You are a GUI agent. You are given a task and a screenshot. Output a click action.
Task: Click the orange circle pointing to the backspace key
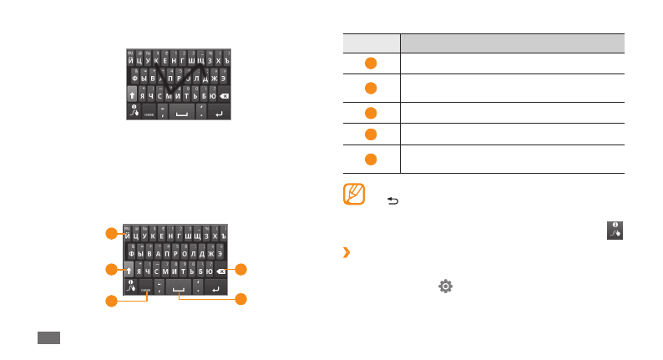tap(240, 270)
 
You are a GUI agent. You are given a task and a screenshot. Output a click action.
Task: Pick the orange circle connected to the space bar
tap(240, 298)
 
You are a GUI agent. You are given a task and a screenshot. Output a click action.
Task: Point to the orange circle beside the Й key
tap(110, 235)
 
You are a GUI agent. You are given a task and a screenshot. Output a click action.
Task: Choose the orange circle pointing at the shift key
tap(110, 270)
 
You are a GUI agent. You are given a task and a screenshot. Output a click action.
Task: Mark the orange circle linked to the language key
tap(110, 299)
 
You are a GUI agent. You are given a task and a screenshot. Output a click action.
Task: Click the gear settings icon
tap(445, 286)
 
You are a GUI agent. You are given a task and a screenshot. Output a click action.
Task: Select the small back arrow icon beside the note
tap(393, 201)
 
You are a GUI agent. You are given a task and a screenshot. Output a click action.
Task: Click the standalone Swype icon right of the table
tap(615, 231)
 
